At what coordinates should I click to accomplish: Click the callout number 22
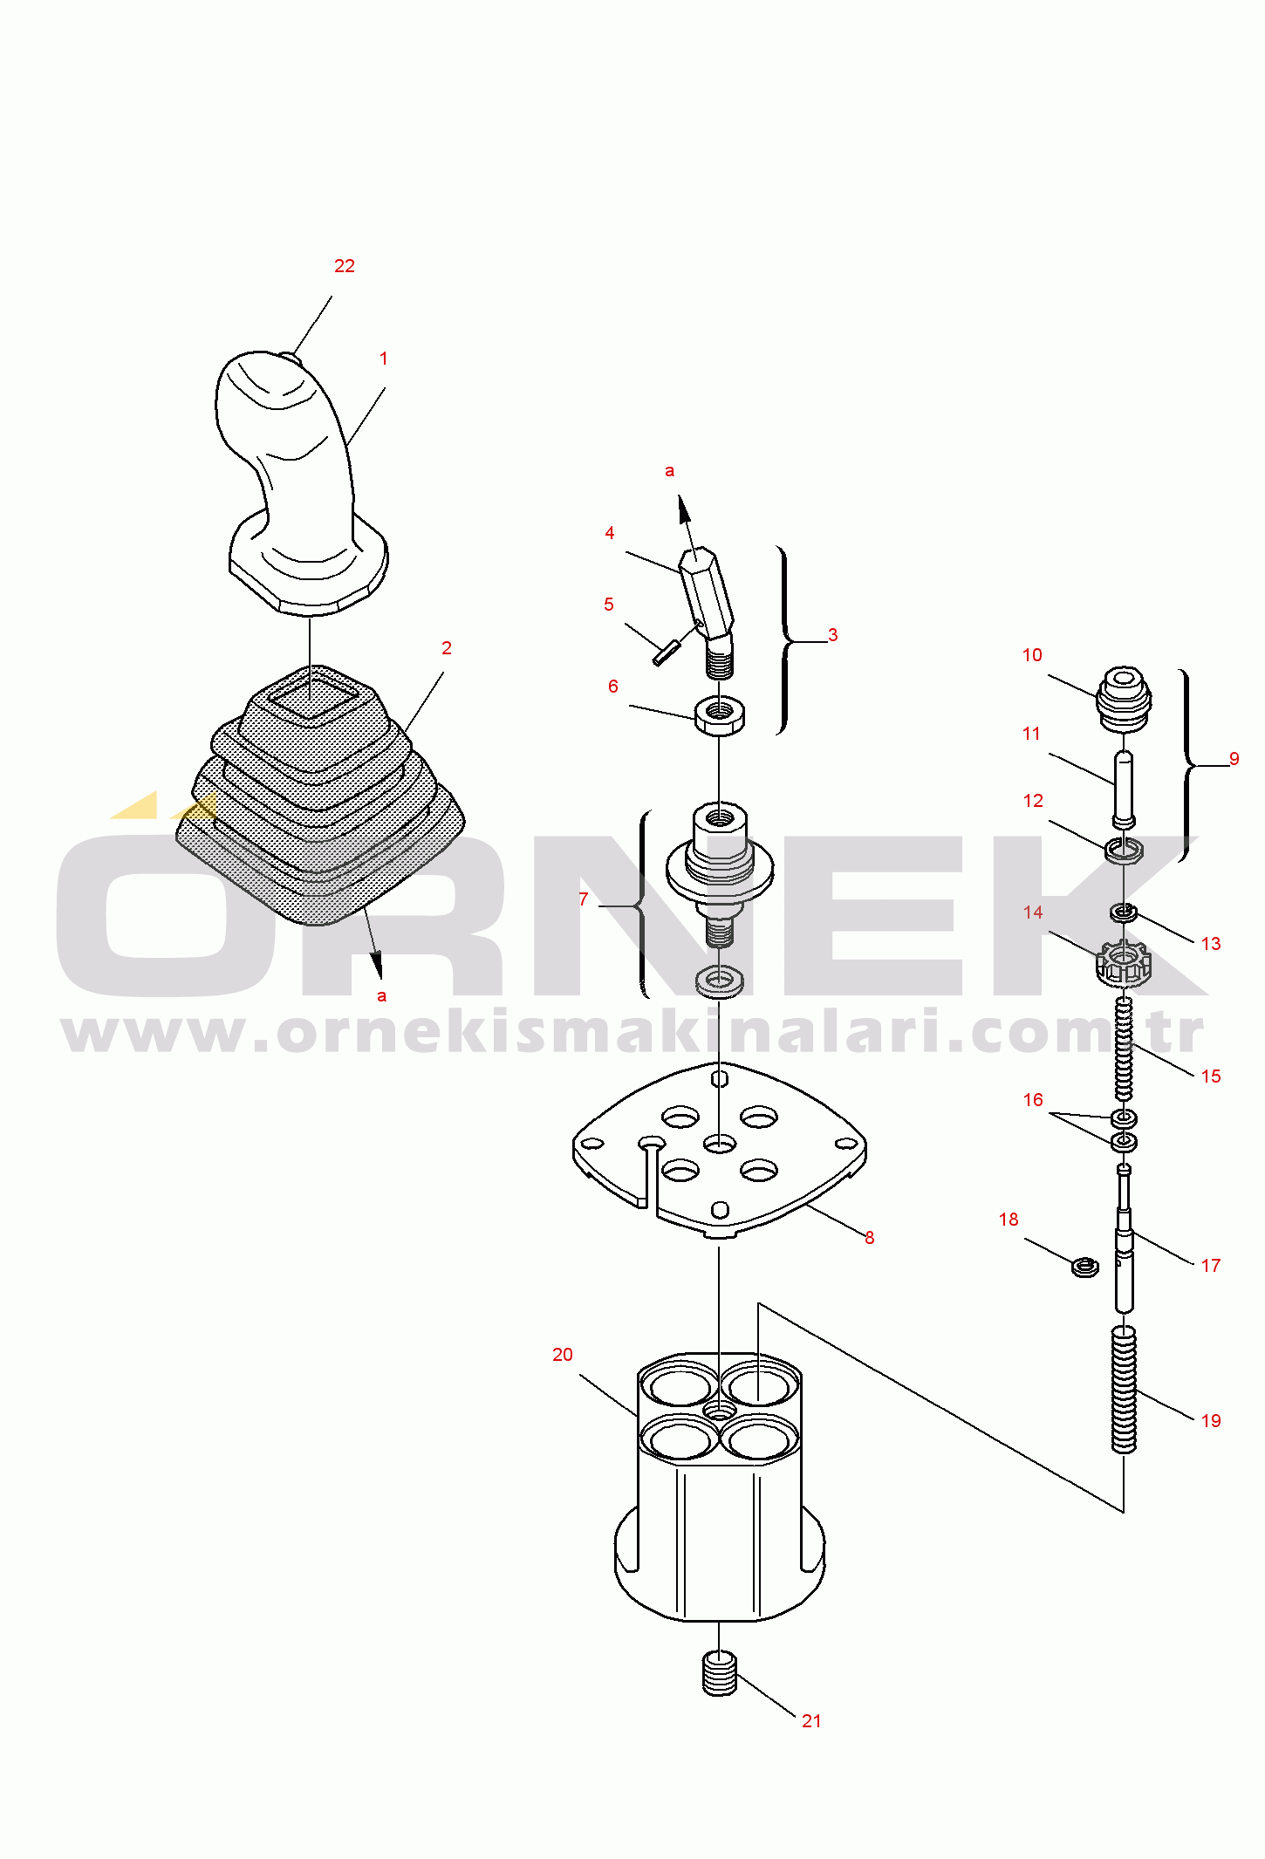pyautogui.click(x=345, y=266)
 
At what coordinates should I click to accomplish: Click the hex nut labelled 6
pyautogui.click(x=720, y=715)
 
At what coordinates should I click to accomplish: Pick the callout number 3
pyautogui.click(x=833, y=635)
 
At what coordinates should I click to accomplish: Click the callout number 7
pyautogui.click(x=584, y=899)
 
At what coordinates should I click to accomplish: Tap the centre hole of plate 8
pyautogui.click(x=720, y=1144)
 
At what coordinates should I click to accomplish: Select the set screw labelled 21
pyautogui.click(x=720, y=1674)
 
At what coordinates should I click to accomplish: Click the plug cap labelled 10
pyautogui.click(x=1124, y=699)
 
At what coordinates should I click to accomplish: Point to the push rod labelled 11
pyautogui.click(x=1124, y=789)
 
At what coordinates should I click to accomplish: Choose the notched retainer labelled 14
pyautogui.click(x=1124, y=964)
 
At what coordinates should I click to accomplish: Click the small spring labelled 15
pyautogui.click(x=1124, y=1049)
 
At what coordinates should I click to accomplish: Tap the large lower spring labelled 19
pyautogui.click(x=1124, y=1389)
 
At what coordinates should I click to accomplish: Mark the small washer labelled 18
pyautogui.click(x=1084, y=1266)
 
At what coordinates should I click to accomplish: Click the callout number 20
pyautogui.click(x=563, y=1355)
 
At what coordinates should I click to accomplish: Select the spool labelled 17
pyautogui.click(x=1124, y=1239)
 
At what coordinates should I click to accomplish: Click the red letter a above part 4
pyautogui.click(x=669, y=471)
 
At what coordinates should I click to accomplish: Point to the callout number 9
pyautogui.click(x=1234, y=759)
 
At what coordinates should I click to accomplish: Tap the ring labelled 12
pyautogui.click(x=1124, y=850)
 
